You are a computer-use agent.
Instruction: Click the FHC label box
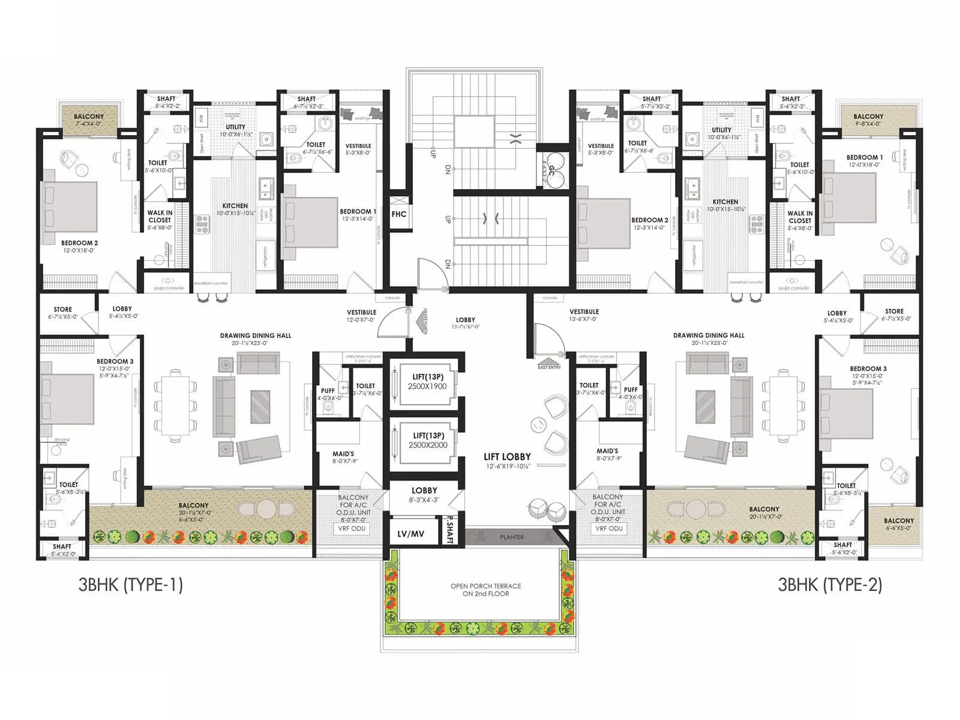pos(399,214)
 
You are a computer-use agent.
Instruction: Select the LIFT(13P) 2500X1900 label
pos(428,382)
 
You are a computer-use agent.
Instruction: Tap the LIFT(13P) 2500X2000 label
pos(428,440)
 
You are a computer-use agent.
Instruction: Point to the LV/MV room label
pos(410,533)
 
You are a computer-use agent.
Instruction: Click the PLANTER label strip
pos(512,537)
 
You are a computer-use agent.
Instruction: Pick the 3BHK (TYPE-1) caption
pos(130,584)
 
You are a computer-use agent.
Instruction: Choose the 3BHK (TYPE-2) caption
pos(830,584)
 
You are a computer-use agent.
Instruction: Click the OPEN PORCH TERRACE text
pos(485,590)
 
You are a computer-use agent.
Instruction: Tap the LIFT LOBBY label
pos(507,457)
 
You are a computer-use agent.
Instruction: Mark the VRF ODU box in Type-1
pos(352,529)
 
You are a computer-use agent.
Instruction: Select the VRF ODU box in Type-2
pos(608,529)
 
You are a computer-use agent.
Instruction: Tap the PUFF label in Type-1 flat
pos(328,391)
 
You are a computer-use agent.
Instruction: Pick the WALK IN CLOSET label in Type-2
pos(800,217)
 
